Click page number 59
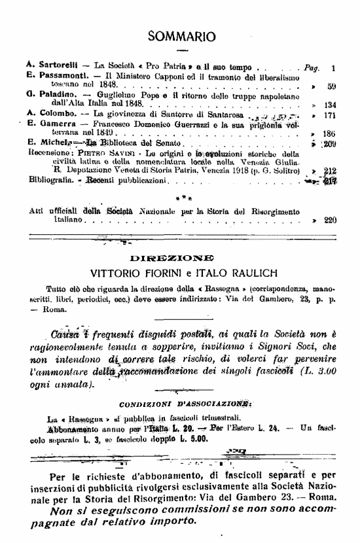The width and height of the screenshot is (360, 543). tap(331, 86)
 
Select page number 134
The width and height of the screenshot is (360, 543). tap(329, 105)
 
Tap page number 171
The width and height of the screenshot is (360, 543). tap(329, 114)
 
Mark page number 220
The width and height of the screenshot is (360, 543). tap(330, 220)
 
